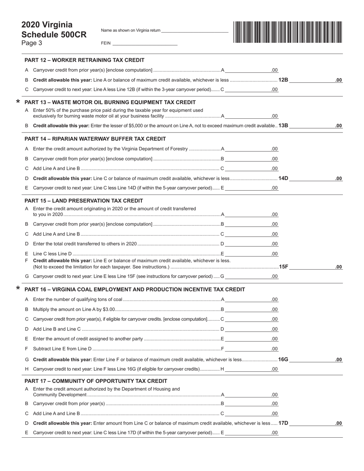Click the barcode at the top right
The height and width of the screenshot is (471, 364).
coord(287,32)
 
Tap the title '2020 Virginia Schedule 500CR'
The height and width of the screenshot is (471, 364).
coord(54,30)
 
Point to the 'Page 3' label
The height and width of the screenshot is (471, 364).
coord(32,43)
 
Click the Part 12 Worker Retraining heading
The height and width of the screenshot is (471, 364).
coord(84,60)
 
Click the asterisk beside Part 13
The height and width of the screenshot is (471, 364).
coord(18,102)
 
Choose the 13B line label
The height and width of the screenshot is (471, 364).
coord(284,126)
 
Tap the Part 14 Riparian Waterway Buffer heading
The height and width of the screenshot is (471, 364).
coord(95,139)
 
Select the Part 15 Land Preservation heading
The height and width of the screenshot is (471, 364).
coord(84,201)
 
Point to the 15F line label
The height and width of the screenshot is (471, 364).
coord(284,267)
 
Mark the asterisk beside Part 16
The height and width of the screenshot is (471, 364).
coord(18,289)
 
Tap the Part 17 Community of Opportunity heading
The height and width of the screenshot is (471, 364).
coord(96,381)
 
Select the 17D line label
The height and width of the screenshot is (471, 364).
coord(284,423)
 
